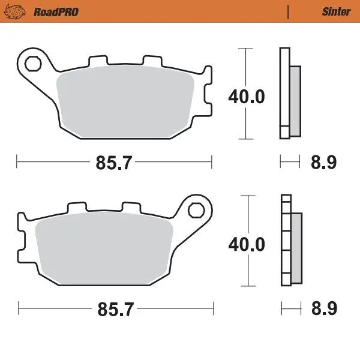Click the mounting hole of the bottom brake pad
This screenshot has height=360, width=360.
pos(195,209)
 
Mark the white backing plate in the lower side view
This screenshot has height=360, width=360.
pos(286,240)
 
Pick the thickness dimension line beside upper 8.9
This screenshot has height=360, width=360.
pos(290,161)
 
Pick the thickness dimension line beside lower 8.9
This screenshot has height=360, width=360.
pos(291,310)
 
